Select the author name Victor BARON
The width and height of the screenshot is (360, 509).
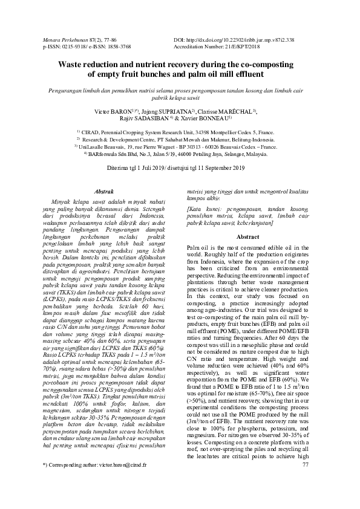pyautogui.click(x=114, y=113)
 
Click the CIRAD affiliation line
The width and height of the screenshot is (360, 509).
pyautogui.click(x=180, y=131)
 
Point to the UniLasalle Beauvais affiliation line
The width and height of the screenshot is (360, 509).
pyautogui.click(x=180, y=147)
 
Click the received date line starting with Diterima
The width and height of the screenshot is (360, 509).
pyautogui.click(x=180, y=167)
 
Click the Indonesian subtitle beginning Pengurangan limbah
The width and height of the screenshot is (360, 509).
pyautogui.click(x=180, y=91)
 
